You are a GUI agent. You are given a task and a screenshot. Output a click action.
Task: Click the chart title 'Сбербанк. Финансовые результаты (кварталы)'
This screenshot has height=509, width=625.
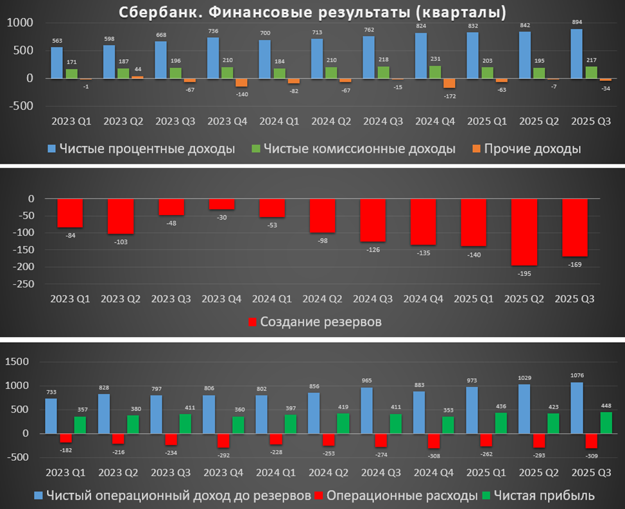point(312,12)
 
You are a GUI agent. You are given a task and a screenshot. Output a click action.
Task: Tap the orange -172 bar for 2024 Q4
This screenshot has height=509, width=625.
point(449,83)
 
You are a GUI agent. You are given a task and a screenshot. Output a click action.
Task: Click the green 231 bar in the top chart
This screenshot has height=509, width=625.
point(434,72)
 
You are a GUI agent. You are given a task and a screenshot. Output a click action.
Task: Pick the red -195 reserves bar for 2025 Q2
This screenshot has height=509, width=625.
point(524,232)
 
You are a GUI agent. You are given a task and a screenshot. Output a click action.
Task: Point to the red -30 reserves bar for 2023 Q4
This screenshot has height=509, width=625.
point(221,204)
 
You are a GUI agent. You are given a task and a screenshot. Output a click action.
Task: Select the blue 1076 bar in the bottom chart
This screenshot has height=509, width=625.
point(576,408)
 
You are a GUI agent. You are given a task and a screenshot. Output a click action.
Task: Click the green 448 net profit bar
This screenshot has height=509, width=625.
point(606,422)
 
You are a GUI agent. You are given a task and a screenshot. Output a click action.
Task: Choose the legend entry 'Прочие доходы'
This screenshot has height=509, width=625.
point(532,149)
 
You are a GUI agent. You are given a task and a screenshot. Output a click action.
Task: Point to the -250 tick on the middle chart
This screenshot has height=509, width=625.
point(27,284)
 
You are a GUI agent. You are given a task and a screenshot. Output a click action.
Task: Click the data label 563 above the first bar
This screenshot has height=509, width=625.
point(57,40)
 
